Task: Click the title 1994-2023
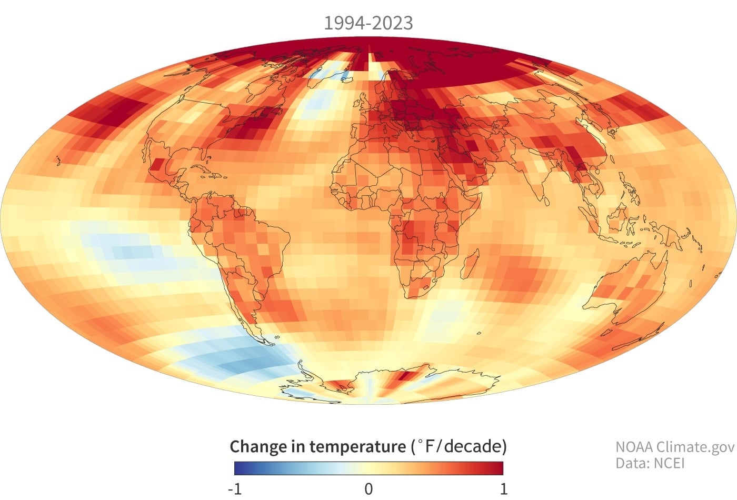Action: pyautogui.click(x=368, y=23)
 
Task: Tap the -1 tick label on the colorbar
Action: pyautogui.click(x=235, y=489)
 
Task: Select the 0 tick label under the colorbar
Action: pyautogui.click(x=368, y=489)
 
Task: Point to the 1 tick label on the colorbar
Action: pyautogui.click(x=504, y=489)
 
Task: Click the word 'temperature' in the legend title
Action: pyautogui.click(x=357, y=446)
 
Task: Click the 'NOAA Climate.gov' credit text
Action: pyautogui.click(x=674, y=447)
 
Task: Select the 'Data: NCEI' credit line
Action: pyautogui.click(x=650, y=463)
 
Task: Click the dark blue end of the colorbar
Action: pyautogui.click(x=238, y=468)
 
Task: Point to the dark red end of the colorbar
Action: pyautogui.click(x=500, y=468)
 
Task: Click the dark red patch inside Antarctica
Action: pyautogui.click(x=405, y=376)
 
